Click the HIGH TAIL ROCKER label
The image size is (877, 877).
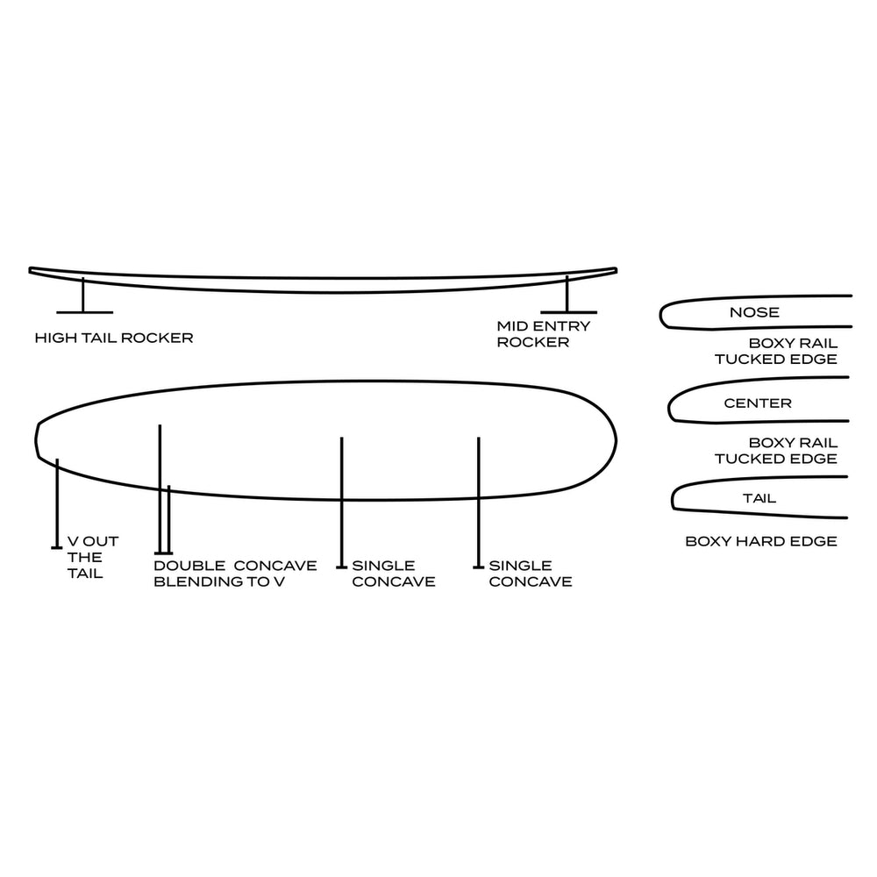click(114, 338)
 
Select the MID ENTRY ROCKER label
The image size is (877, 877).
click(544, 334)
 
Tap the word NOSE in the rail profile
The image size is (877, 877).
click(754, 312)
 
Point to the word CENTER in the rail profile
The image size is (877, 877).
click(758, 403)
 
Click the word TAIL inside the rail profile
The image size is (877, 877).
click(759, 498)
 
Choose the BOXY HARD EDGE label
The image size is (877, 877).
click(761, 542)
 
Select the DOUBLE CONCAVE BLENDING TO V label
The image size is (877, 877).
click(235, 574)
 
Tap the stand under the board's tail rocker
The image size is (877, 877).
click(83, 298)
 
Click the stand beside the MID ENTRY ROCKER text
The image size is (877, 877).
click(567, 298)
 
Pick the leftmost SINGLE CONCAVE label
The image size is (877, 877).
click(393, 574)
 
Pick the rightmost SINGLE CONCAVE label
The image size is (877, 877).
click(530, 574)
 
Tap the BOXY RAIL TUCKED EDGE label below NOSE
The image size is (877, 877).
click(775, 352)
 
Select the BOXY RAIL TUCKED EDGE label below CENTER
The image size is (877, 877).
click(775, 451)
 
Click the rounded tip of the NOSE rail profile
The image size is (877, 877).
click(663, 314)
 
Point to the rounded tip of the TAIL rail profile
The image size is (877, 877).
click(674, 499)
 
